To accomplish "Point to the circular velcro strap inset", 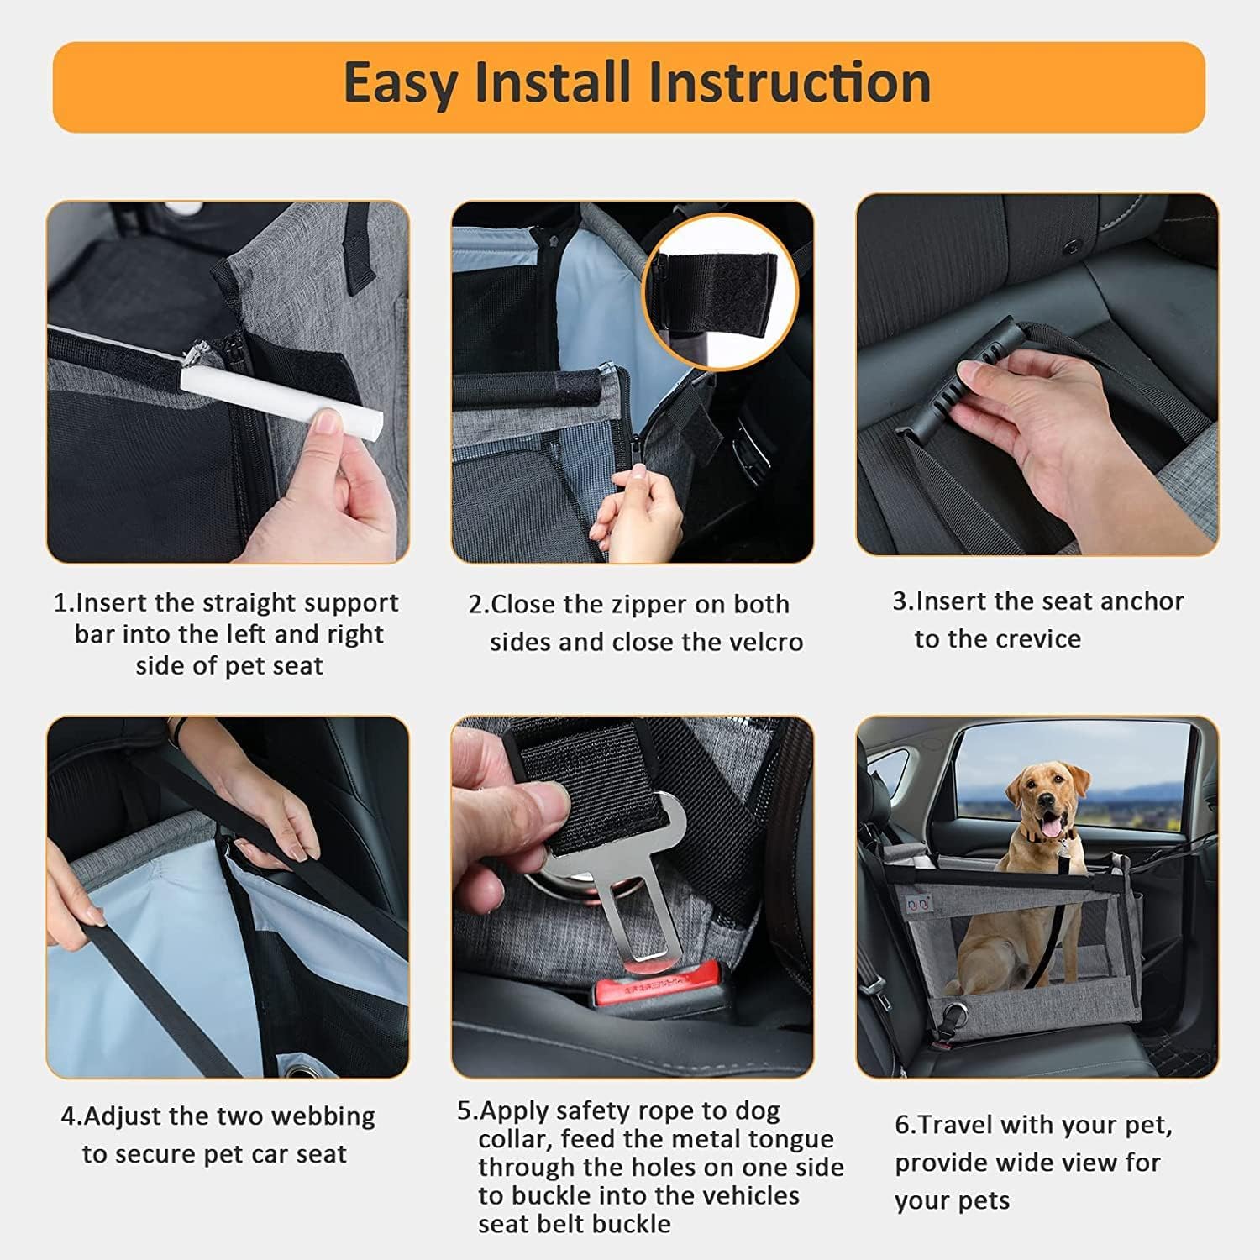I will click(719, 291).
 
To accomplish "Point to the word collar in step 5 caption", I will click(514, 1139).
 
